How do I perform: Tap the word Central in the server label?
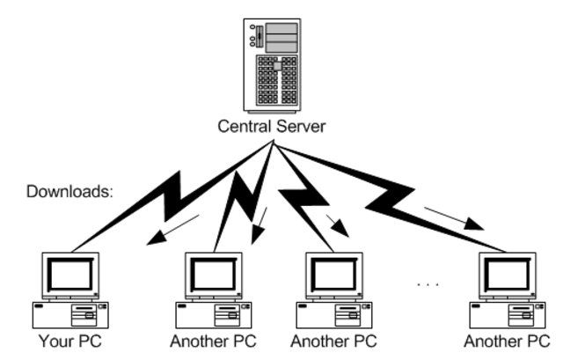tap(245, 128)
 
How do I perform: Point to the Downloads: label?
tap(69, 189)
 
